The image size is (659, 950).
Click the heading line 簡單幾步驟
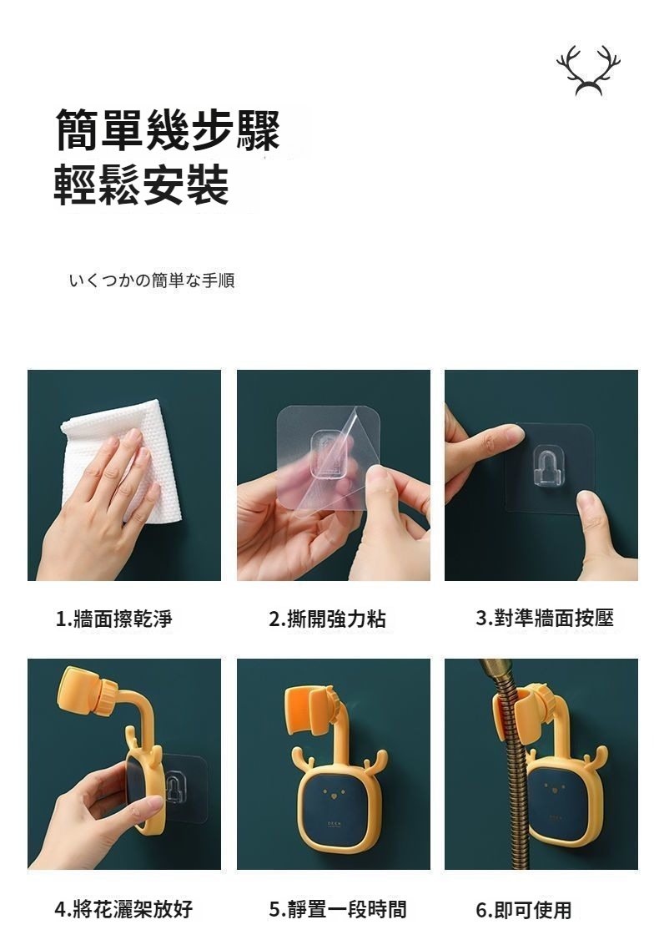(168, 130)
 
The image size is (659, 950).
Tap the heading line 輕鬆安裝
(142, 184)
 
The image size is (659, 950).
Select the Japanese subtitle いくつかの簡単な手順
(152, 280)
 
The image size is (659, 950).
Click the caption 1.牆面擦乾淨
(113, 619)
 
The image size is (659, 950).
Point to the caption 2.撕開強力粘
(327, 619)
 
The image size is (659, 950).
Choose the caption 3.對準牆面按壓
(545, 618)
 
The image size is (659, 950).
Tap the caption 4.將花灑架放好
(123, 909)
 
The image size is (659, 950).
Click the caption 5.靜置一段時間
(338, 909)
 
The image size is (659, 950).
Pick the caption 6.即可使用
(524, 909)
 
